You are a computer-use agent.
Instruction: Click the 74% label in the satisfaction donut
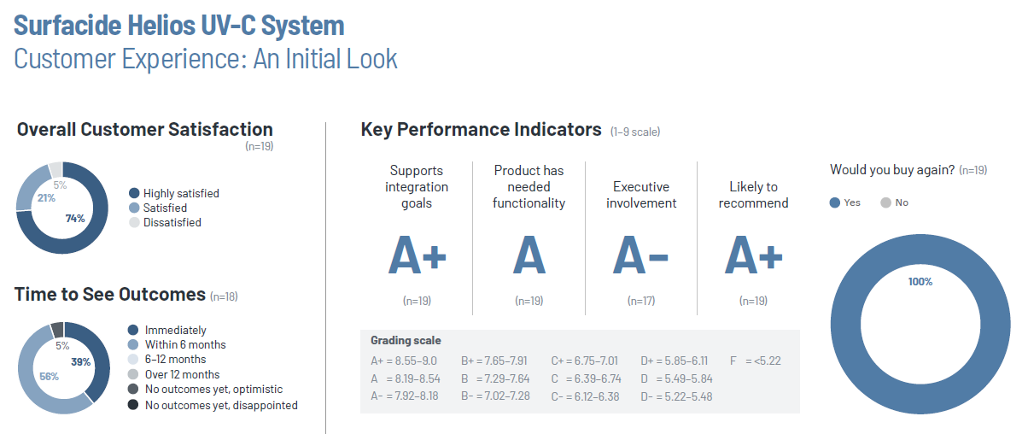(75, 219)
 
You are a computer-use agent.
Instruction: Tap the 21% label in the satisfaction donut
(45, 198)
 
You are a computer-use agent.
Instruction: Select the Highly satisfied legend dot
(134, 193)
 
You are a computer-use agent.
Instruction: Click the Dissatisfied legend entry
(172, 222)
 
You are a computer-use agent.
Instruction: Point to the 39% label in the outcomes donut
(81, 362)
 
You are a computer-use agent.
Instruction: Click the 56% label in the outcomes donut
(49, 376)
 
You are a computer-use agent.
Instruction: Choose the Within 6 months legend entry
(185, 344)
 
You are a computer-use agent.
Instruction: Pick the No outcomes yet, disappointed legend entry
(221, 405)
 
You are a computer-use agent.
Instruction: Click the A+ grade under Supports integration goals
(417, 254)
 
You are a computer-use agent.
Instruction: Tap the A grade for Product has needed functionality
(529, 254)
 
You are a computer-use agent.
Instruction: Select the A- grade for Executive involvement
(641, 254)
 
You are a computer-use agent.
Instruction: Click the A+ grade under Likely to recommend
(753, 254)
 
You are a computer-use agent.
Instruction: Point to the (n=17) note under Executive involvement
(641, 301)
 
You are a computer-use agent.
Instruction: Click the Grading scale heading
(406, 340)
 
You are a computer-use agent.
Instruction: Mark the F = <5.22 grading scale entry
(755, 361)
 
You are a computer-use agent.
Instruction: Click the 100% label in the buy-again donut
(920, 281)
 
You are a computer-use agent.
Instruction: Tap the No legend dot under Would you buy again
(885, 202)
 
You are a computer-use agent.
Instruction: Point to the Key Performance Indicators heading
(481, 130)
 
